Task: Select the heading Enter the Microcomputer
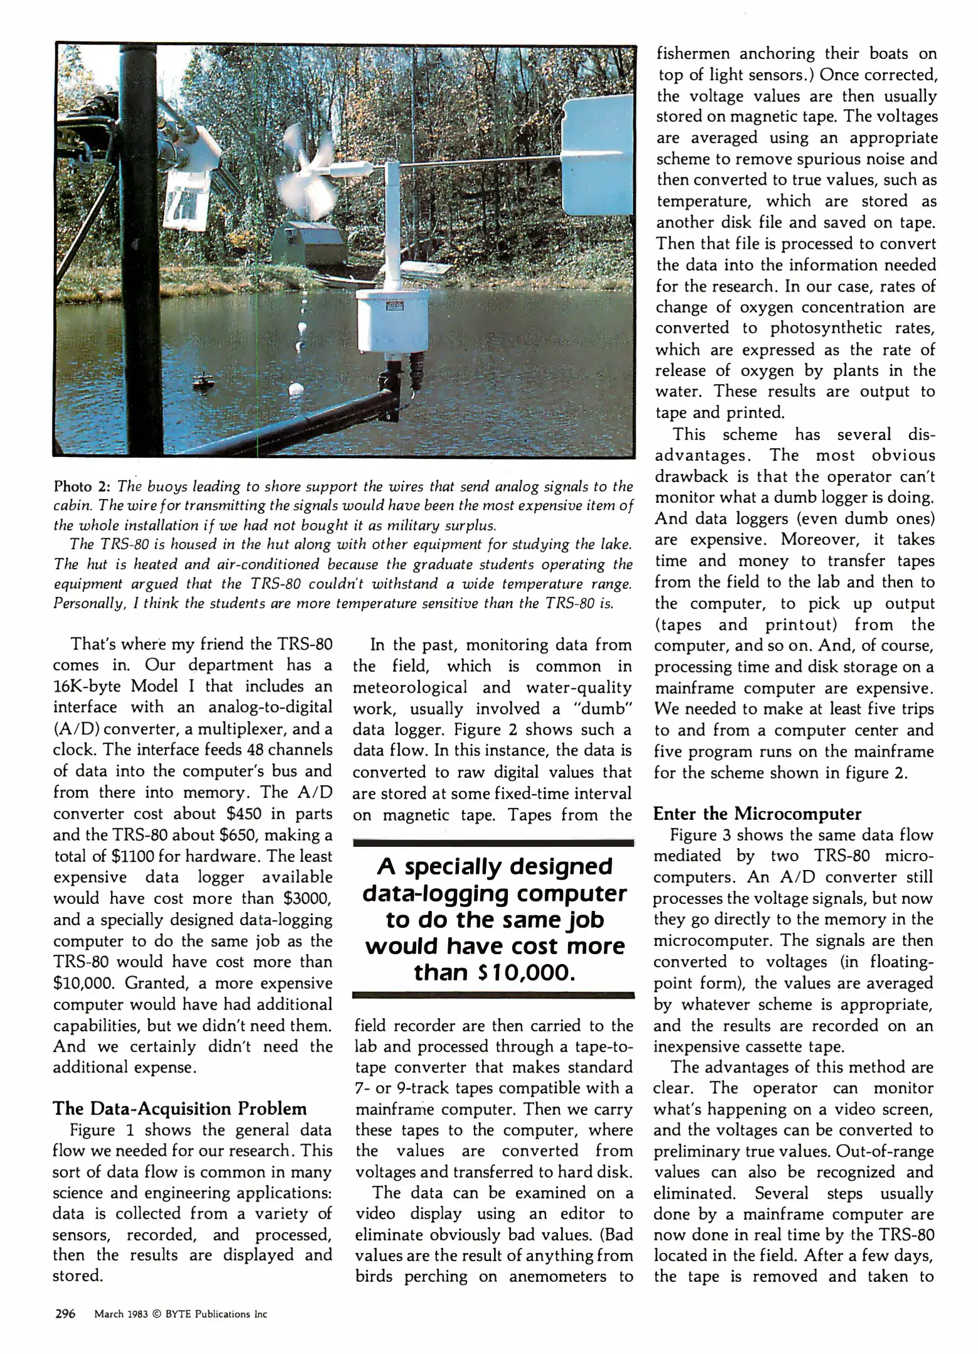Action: (x=757, y=814)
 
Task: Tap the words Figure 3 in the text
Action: (x=699, y=835)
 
